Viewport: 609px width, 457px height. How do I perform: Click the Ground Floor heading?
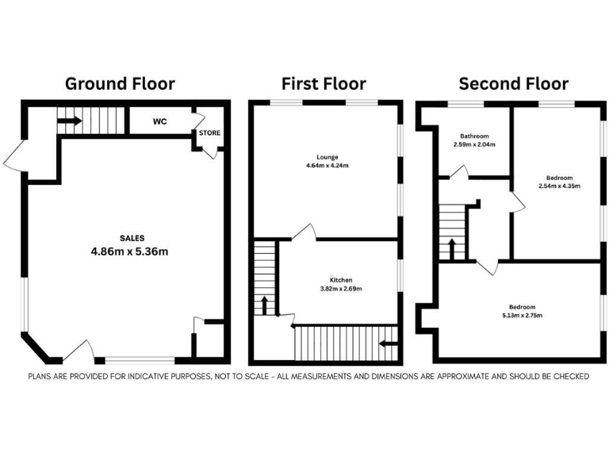pyautogui.click(x=120, y=83)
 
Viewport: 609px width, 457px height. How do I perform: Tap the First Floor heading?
pyautogui.click(x=324, y=83)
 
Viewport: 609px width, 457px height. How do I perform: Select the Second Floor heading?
pyautogui.click(x=513, y=83)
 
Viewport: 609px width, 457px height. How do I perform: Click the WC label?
pyautogui.click(x=159, y=122)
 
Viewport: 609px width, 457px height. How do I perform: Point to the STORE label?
pyautogui.click(x=209, y=132)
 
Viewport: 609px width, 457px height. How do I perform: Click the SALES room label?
pyautogui.click(x=132, y=238)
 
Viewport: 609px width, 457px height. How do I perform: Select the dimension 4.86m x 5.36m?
pyautogui.click(x=132, y=252)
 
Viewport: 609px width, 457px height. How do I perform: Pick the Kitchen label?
pyautogui.click(x=341, y=280)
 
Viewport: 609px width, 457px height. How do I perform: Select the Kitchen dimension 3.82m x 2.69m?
pyautogui.click(x=341, y=289)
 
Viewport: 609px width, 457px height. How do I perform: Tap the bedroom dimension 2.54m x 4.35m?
pyautogui.click(x=559, y=186)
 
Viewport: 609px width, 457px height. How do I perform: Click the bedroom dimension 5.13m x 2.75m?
pyautogui.click(x=522, y=315)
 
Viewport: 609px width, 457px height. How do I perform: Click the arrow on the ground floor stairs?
pyautogui.click(x=69, y=121)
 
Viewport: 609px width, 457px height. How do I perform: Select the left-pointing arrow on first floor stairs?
pyautogui.click(x=388, y=344)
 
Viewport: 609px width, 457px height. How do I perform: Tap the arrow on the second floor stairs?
pyautogui.click(x=452, y=248)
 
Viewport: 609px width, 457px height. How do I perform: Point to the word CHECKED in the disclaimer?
pyautogui.click(x=569, y=376)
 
